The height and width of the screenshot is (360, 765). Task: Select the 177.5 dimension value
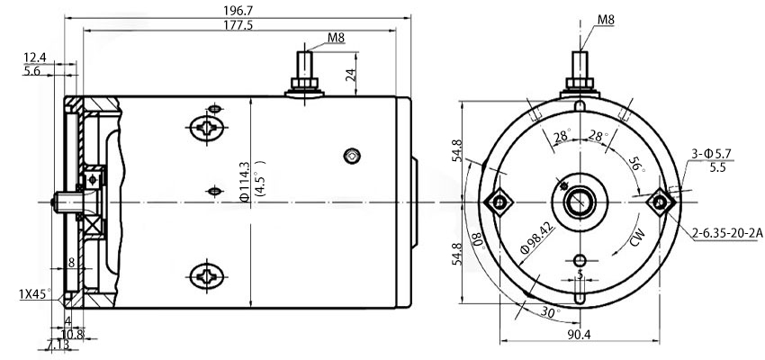(236, 25)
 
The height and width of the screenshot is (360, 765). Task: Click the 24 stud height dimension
(352, 76)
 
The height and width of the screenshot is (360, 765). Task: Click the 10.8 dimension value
(75, 333)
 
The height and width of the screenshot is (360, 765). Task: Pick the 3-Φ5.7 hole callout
(713, 154)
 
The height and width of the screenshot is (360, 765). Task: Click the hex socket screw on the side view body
(351, 156)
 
